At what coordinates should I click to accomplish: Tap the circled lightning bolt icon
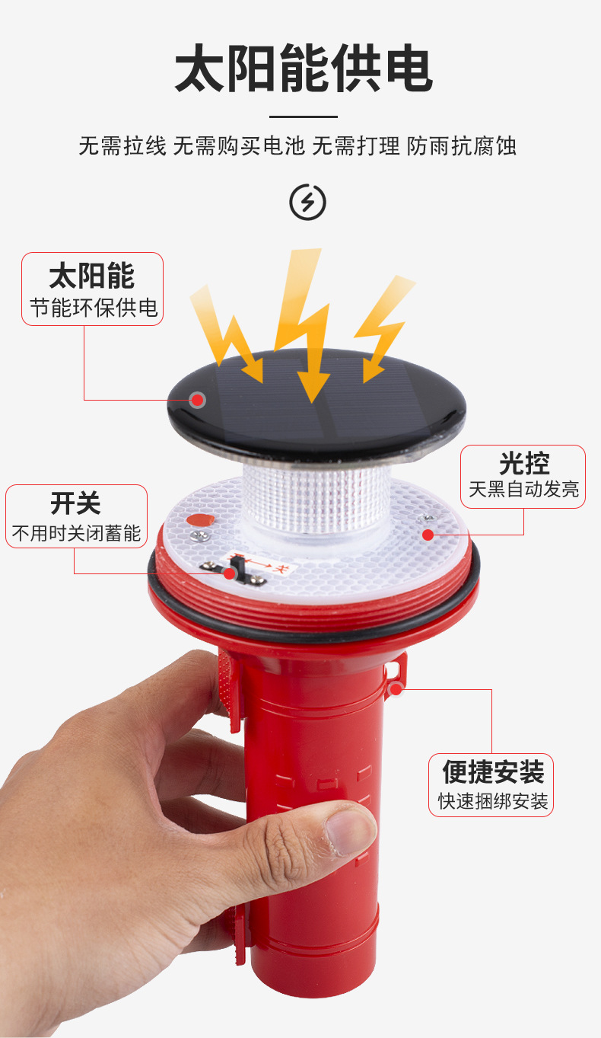click(307, 202)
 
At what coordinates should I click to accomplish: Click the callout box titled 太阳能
click(92, 289)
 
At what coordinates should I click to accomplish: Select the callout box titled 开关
click(76, 516)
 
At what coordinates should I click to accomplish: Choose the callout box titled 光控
click(523, 476)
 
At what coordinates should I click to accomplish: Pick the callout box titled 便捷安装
click(491, 784)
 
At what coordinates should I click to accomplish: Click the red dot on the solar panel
click(198, 399)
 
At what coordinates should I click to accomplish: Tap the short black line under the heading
click(303, 117)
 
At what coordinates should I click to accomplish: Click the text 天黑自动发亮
click(523, 489)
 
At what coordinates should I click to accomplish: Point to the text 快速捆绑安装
click(492, 801)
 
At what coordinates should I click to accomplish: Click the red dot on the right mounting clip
click(396, 688)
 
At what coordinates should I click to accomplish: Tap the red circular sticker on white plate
click(201, 522)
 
